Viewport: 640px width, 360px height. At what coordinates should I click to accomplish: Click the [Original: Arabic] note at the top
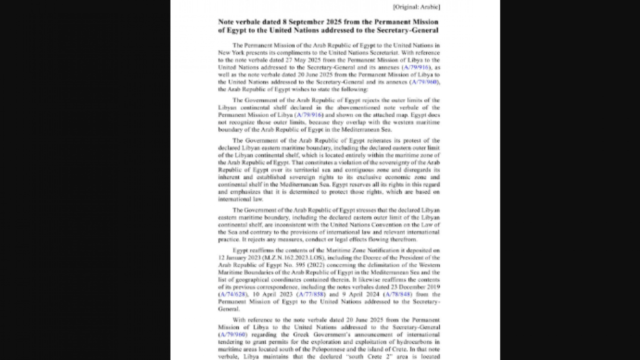(416, 6)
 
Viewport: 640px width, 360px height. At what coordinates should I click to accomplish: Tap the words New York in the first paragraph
(230, 52)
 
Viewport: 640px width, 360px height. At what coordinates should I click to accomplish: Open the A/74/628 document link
(233, 294)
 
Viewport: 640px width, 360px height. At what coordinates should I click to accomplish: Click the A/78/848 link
(398, 294)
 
